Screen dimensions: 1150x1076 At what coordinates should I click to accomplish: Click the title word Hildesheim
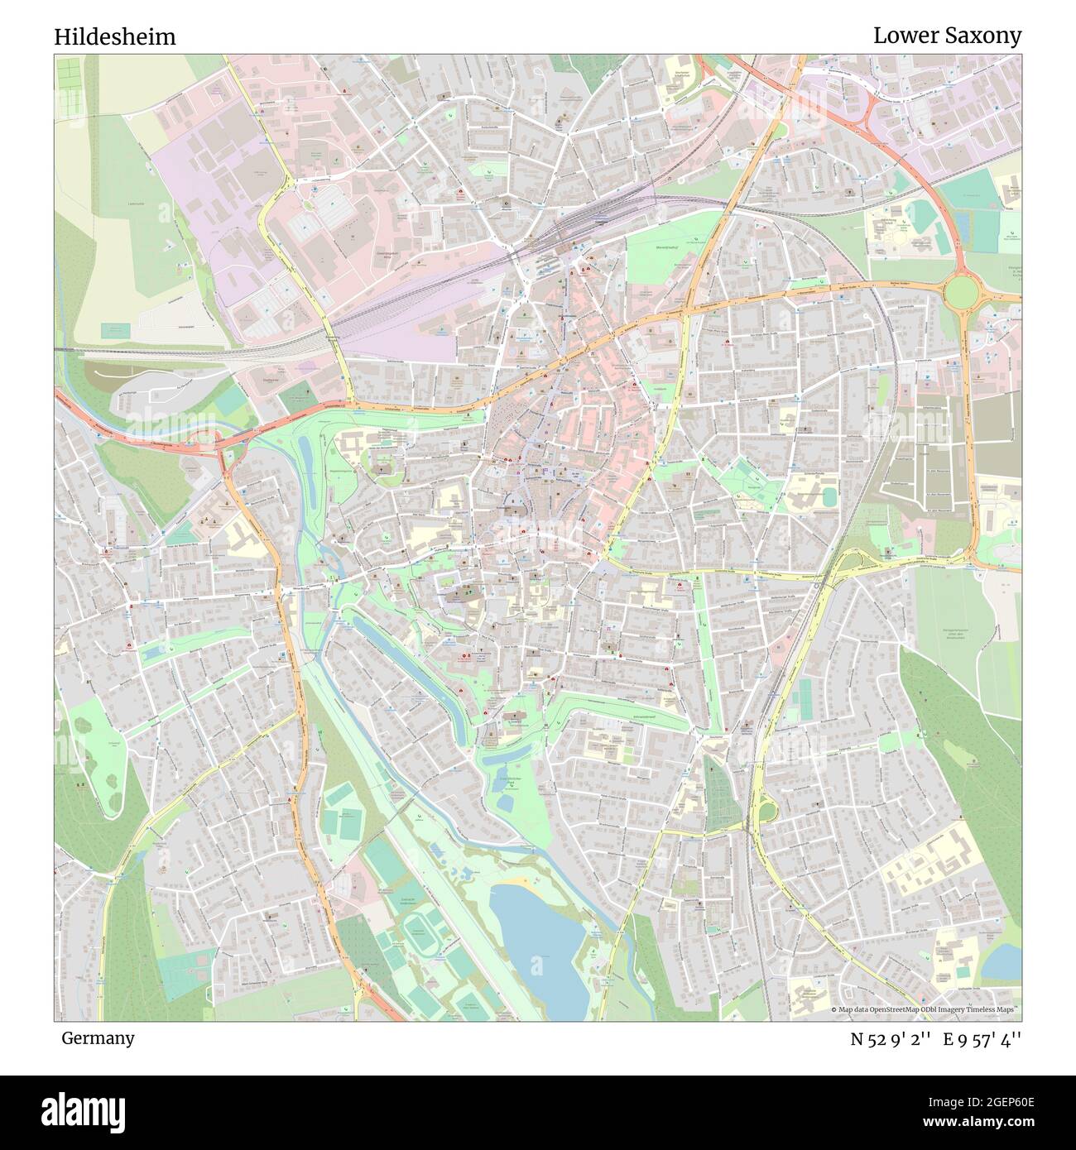pyautogui.click(x=115, y=37)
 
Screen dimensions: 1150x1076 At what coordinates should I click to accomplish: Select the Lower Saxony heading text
pyautogui.click(x=947, y=36)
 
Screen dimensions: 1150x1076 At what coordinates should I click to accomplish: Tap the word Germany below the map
pyautogui.click(x=97, y=1037)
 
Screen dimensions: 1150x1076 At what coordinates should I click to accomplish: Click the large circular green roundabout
pyautogui.click(x=961, y=291)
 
